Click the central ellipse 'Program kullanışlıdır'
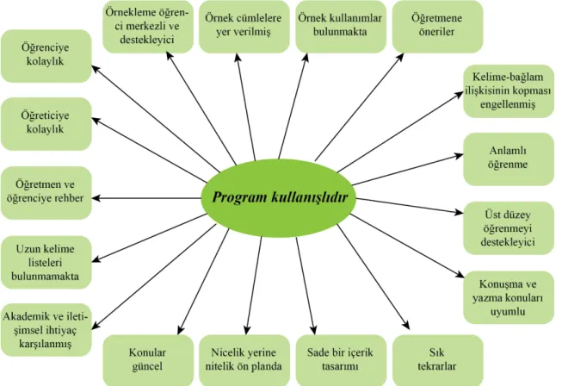click(279, 197)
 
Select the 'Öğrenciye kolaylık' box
click(46, 56)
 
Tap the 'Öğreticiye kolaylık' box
click(46, 124)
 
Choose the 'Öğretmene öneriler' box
click(437, 27)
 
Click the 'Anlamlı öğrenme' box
click(509, 159)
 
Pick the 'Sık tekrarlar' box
click(437, 360)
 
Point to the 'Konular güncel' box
click(148, 360)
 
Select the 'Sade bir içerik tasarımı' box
click(341, 360)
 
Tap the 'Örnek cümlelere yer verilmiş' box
click(244, 27)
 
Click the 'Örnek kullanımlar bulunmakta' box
click(341, 27)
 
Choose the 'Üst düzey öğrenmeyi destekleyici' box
click(509, 228)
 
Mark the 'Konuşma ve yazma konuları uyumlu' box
click(509, 297)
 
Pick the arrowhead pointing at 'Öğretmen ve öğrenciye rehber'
click(96, 198)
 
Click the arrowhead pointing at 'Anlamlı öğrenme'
click(459, 156)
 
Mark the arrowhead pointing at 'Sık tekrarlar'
click(406, 326)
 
